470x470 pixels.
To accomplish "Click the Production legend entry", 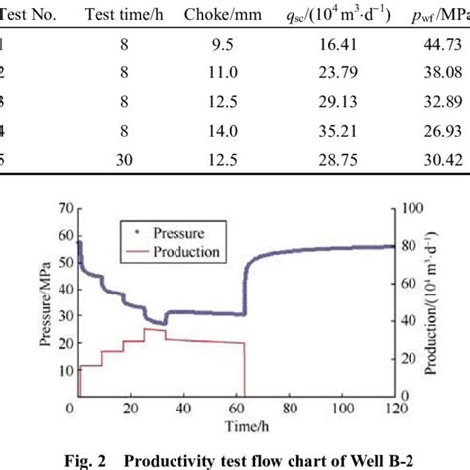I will point(185,252).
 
